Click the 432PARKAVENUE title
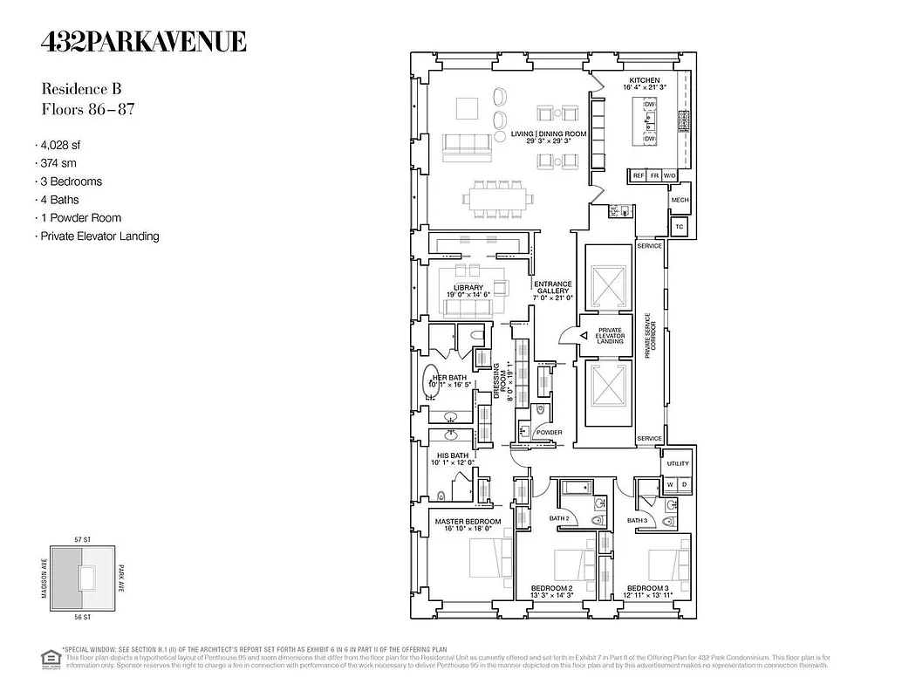pyautogui.click(x=144, y=41)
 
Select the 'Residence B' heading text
pyautogui.click(x=81, y=89)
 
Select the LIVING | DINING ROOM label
pyautogui.click(x=549, y=134)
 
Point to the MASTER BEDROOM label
pyautogui.click(x=468, y=522)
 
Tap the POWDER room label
pyautogui.click(x=549, y=433)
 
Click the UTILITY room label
pyautogui.click(x=678, y=464)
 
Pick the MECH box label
pyautogui.click(x=680, y=200)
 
